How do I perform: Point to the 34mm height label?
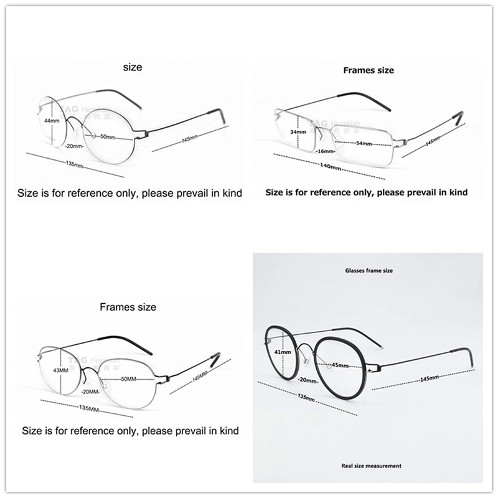coord(298,132)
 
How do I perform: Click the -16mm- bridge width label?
coord(324,151)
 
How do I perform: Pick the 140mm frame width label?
coord(330,167)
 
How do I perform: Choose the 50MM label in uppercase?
coord(129,378)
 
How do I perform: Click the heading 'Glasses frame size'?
coord(369,271)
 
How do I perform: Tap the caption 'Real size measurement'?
coord(372,466)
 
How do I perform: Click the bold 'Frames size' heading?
coord(369,70)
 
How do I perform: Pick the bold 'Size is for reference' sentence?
coord(366,193)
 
